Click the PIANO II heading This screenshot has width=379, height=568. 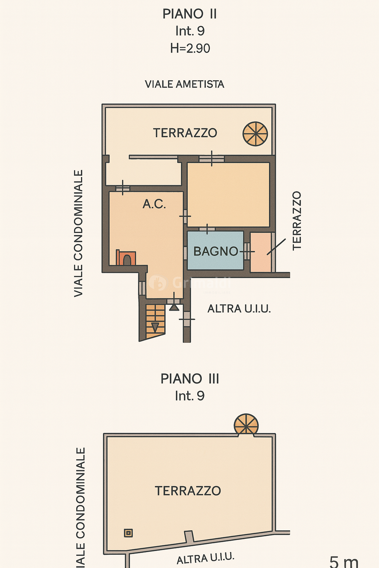click(189, 14)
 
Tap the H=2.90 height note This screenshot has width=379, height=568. click(190, 48)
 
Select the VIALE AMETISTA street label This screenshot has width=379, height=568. click(184, 84)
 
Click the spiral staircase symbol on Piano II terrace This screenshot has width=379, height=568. click(255, 134)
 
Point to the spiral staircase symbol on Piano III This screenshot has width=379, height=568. click(246, 425)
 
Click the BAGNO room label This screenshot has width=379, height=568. click(215, 251)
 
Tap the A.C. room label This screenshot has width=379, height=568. click(154, 204)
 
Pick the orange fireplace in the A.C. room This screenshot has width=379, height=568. click(126, 258)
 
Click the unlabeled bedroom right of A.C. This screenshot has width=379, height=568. click(228, 195)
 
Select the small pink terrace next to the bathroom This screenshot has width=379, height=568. click(261, 252)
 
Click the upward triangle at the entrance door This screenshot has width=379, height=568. click(174, 307)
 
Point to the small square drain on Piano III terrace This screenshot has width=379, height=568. click(128, 533)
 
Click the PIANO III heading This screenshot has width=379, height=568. click(189, 379)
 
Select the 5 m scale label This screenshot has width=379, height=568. click(343, 562)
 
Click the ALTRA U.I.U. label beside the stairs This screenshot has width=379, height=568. click(239, 309)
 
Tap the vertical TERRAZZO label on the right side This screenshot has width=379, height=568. click(297, 221)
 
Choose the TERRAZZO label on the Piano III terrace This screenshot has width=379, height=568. click(188, 491)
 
